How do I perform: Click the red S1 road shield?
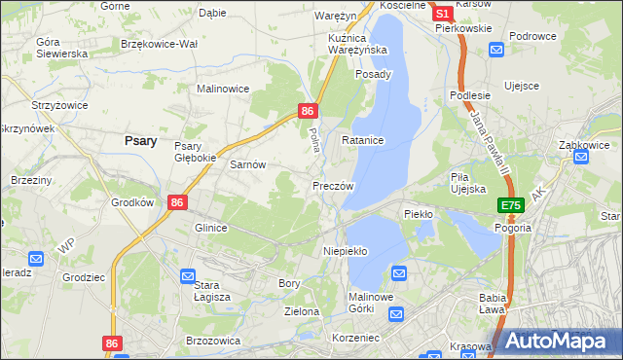tap(442, 15)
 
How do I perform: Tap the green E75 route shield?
tap(511, 205)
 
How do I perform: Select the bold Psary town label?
tap(142, 140)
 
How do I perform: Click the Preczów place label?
tap(333, 185)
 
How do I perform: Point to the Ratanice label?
tap(363, 141)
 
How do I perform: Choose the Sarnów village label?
tap(247, 165)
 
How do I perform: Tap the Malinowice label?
tap(223, 89)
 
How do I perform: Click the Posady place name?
tap(374, 74)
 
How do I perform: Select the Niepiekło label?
tap(346, 251)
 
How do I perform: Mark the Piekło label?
tap(418, 213)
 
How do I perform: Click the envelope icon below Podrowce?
tap(497, 51)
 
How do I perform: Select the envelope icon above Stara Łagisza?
tap(187, 276)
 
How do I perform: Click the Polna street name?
tap(313, 139)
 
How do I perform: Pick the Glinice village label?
tap(210, 228)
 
